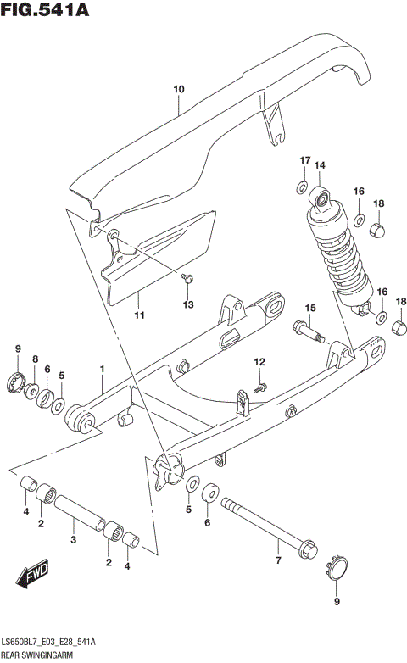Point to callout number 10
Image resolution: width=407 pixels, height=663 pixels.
pyautogui.click(x=178, y=88)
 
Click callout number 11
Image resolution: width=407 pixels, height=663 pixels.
pyautogui.click(x=139, y=315)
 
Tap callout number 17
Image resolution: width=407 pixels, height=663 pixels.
pyautogui.click(x=304, y=160)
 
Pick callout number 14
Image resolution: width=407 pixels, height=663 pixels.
pyautogui.click(x=321, y=165)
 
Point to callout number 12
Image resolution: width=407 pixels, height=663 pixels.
pyautogui.click(x=260, y=363)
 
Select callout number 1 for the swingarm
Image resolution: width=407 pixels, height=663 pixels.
pyautogui.click(x=102, y=369)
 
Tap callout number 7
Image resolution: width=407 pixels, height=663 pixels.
pyautogui.click(x=276, y=561)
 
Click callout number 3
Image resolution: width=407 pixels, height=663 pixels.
pyautogui.click(x=74, y=540)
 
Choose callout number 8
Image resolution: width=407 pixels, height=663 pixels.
pyautogui.click(x=35, y=359)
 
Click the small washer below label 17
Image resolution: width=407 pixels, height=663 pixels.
pyautogui.click(x=303, y=185)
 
